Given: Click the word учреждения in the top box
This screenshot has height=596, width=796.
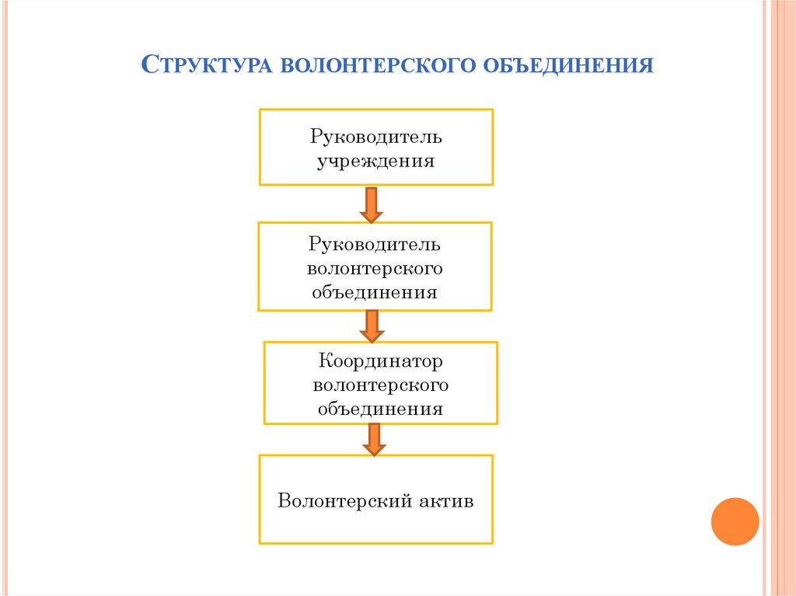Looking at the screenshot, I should tap(375, 162).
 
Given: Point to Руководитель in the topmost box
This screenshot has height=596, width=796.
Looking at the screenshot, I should tap(375, 138).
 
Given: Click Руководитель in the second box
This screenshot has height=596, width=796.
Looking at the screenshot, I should tap(375, 245).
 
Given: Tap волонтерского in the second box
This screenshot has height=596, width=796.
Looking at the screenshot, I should tap(375, 269).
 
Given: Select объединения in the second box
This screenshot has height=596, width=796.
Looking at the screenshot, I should tap(375, 293).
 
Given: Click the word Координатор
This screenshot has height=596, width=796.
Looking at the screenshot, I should tap(380, 361).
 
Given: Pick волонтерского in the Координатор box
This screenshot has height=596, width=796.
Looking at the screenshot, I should tap(380, 385).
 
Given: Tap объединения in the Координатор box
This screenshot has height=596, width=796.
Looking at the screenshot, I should tap(380, 409).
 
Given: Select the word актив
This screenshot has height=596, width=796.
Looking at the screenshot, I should tap(445, 500).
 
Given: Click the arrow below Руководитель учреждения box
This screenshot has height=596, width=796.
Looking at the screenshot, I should tap(372, 204).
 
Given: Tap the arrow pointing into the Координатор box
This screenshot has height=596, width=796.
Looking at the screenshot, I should tap(372, 325).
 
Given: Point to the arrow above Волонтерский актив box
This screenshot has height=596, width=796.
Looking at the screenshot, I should tap(374, 439).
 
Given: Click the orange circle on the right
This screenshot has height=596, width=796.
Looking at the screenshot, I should tap(735, 521).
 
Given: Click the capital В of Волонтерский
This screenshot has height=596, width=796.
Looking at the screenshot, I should tap(285, 500).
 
